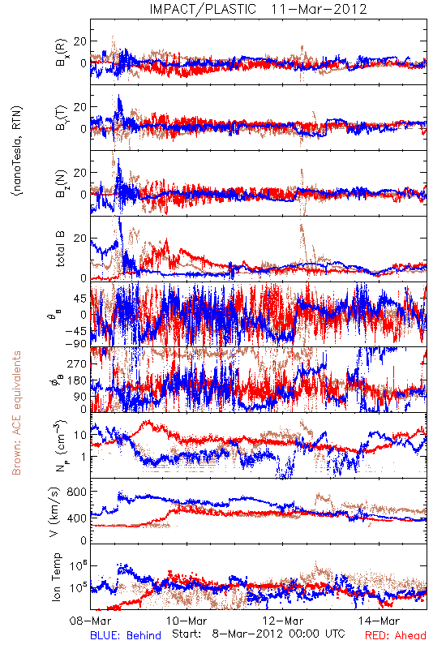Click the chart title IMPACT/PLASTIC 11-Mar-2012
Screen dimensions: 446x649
(258, 9)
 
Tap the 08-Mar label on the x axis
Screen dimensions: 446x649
(90, 621)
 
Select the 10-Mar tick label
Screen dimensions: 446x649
(187, 621)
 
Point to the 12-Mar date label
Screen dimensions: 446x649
(283, 621)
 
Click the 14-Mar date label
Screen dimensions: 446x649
(380, 621)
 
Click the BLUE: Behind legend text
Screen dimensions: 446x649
(126, 635)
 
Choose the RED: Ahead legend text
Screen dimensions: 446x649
(396, 635)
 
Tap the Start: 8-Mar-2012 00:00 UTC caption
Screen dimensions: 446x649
(259, 634)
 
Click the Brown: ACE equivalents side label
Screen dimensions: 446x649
(16, 413)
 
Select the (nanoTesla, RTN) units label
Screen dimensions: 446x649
(17, 151)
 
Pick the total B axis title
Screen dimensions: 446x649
(60, 249)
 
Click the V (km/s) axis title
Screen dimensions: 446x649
(54, 512)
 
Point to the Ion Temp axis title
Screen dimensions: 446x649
(56, 577)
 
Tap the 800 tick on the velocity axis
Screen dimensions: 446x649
(77, 492)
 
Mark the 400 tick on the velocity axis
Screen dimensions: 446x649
(77, 518)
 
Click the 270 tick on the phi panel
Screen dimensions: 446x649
(77, 363)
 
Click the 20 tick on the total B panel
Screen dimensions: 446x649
(80, 239)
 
